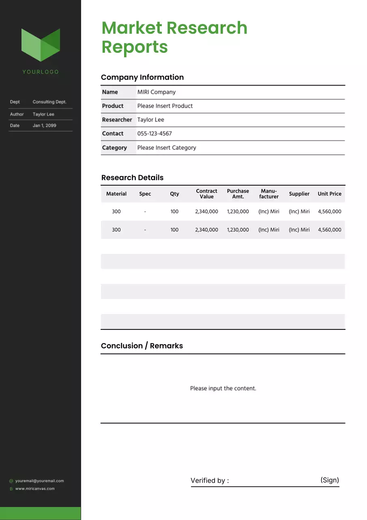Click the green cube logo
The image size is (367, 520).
pos(41,45)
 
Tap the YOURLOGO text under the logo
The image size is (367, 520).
pos(41,72)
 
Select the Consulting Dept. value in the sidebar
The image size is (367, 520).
pos(49,102)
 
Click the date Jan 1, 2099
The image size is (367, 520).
pos(44,126)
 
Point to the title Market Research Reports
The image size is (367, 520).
pos(174,37)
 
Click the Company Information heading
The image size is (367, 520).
pos(142,77)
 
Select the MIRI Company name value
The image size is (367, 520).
pos(157,92)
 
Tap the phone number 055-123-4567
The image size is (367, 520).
pos(155,134)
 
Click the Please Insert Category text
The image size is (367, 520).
pos(167,148)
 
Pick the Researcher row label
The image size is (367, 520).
pos(117,120)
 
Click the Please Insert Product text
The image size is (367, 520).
pos(165,106)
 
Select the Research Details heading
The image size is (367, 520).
pos(132,178)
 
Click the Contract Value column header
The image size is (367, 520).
pos(206,194)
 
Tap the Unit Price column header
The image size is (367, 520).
pos(329,194)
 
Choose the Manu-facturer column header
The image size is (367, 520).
pos(269,194)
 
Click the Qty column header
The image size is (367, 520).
pos(174,194)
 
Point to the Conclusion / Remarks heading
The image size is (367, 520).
pos(142,346)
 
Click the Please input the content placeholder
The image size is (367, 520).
pos(223,388)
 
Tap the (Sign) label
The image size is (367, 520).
pos(330,480)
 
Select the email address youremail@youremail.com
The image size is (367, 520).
pos(39,481)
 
